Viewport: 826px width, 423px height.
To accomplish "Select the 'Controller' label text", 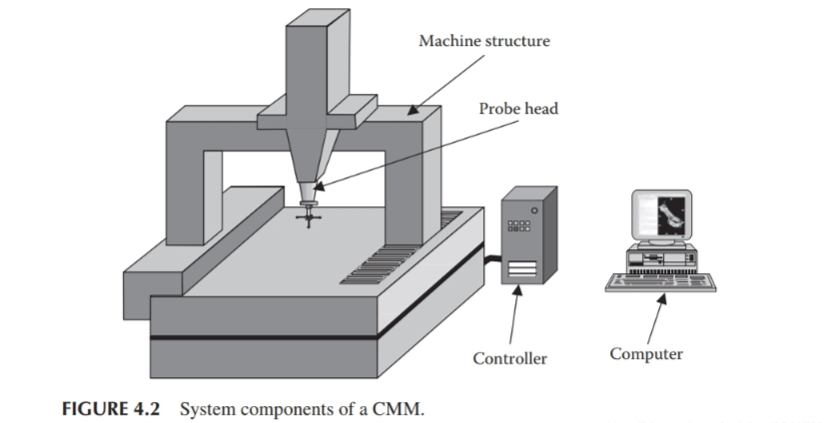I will coord(509,358).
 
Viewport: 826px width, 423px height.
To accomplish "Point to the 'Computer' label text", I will coord(646,354).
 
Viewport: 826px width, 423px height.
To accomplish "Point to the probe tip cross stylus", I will coord(309,213).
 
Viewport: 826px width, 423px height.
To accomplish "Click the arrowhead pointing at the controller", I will coord(517,289).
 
